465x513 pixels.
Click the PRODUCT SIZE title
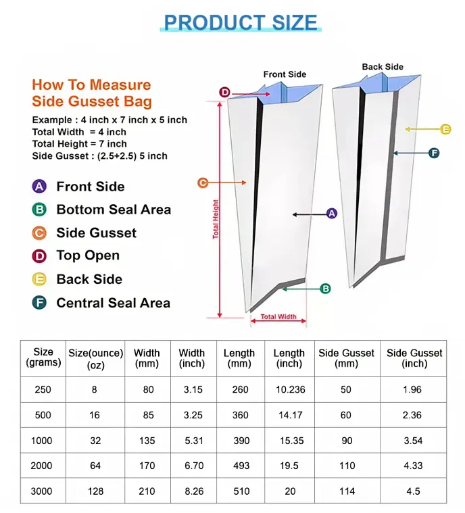coord(241,22)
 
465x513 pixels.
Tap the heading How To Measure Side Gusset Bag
coord(91,94)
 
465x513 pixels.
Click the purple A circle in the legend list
coord(40,187)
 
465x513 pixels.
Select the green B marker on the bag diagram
coord(325,289)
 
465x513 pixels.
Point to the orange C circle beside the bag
coord(202,182)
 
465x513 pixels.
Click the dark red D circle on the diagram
coord(225,92)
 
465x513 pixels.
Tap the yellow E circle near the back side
coord(445,129)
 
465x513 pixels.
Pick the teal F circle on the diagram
coord(434,153)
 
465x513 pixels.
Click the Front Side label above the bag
coord(285,74)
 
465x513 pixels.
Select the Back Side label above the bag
coord(383,67)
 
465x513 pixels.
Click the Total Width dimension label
coord(278,316)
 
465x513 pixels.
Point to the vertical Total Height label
coord(216,219)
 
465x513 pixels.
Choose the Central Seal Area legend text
coord(113,303)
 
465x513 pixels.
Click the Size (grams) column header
coord(43,358)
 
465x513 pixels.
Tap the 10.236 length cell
coord(289,390)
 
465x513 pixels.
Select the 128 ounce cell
coord(95,491)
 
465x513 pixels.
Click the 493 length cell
coord(241,466)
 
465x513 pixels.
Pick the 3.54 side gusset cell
coord(412,441)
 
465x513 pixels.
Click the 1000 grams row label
coord(42,441)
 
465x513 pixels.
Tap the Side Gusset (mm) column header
coord(347,358)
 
